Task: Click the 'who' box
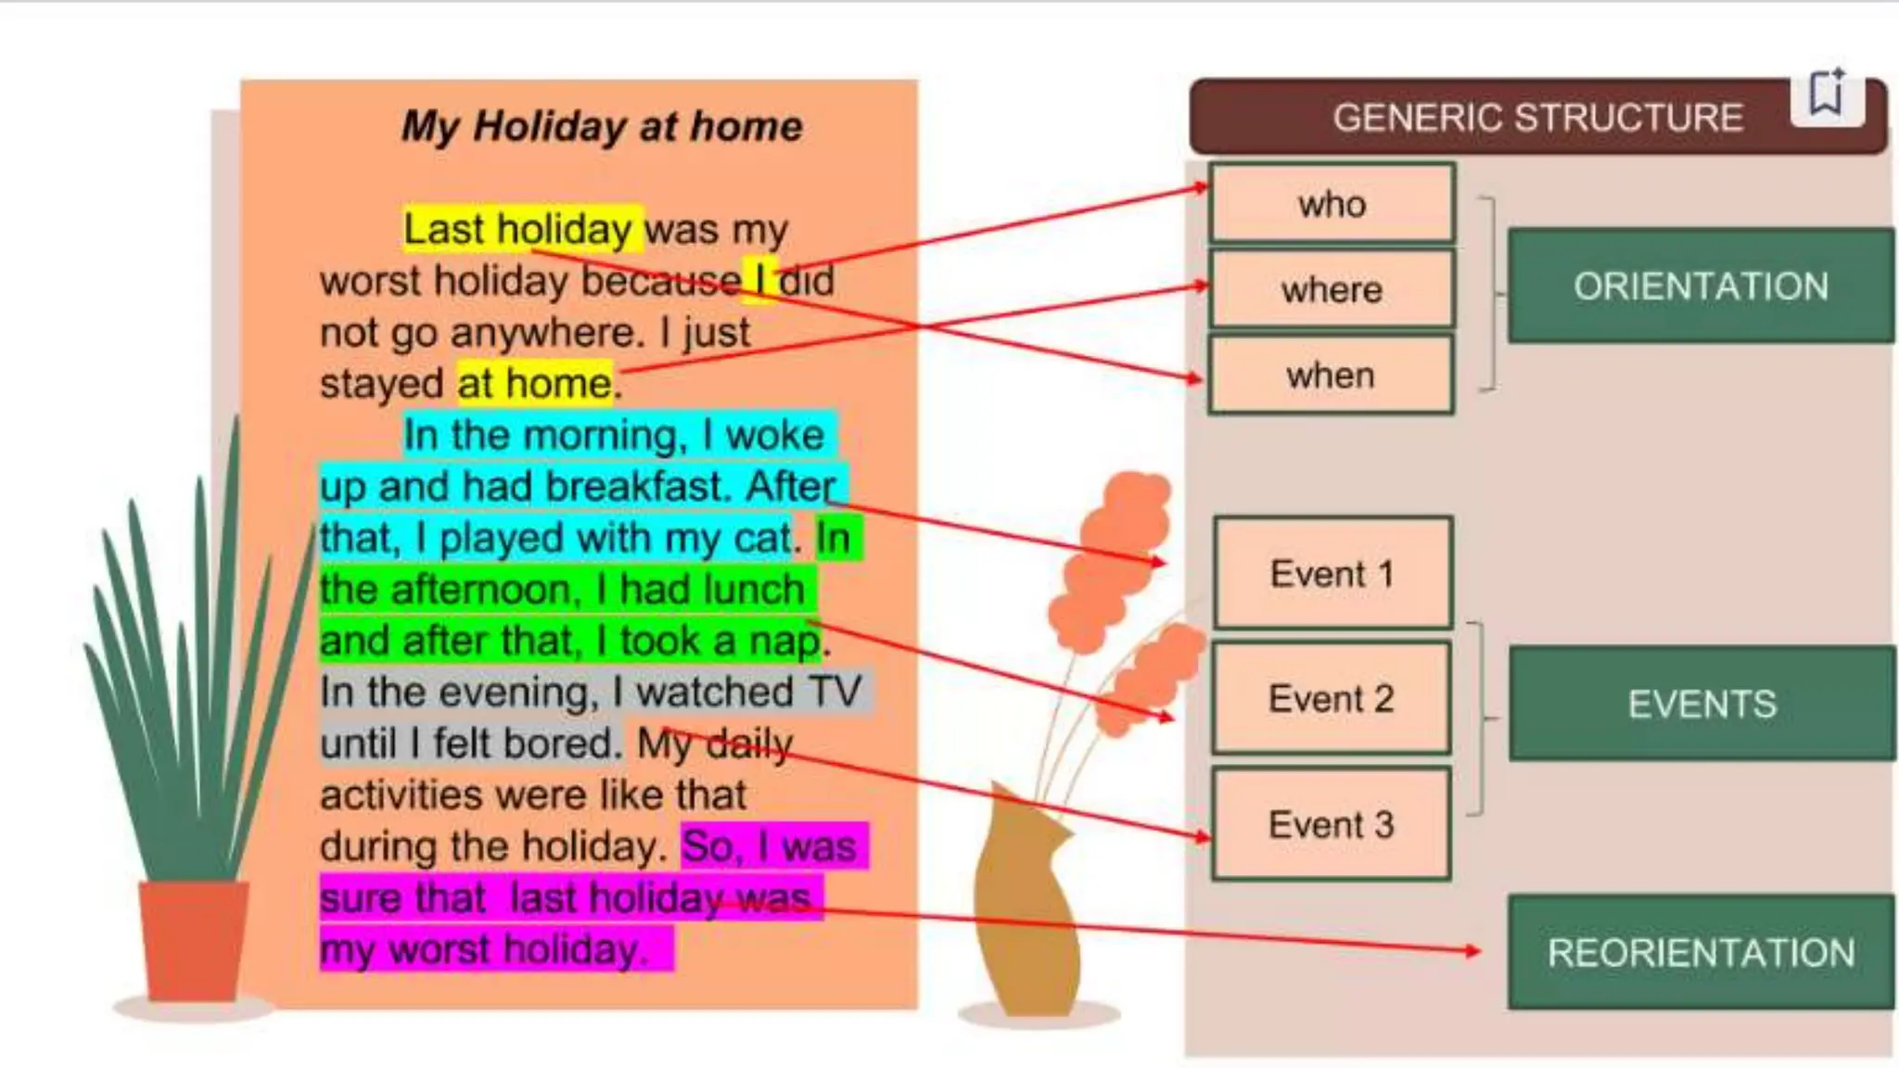click(x=1332, y=204)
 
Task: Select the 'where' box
click(x=1332, y=289)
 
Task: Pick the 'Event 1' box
click(x=1332, y=574)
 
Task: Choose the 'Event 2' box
click(x=1332, y=698)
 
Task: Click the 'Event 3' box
click(x=1332, y=824)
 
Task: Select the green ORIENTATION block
click(x=1701, y=286)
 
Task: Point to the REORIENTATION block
click(x=1701, y=952)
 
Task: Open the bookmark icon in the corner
click(x=1827, y=93)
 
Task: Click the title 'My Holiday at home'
click(x=602, y=126)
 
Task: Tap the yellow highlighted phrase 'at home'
click(x=534, y=383)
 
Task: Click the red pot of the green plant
click(x=194, y=938)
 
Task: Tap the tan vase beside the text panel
click(x=1025, y=909)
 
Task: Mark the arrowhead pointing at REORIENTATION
click(x=1472, y=950)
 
